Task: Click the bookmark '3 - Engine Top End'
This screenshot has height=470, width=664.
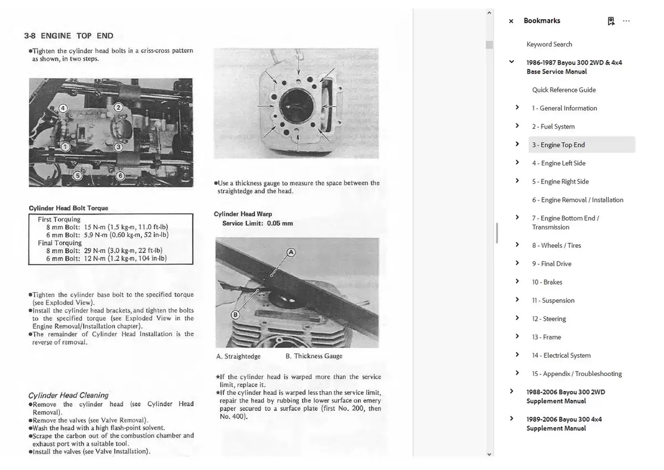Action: [x=558, y=145]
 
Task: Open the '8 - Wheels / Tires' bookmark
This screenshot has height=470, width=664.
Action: [x=557, y=246]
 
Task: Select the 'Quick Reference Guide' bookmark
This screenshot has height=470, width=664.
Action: [x=564, y=90]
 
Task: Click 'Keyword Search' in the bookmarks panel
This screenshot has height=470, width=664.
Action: [x=549, y=44]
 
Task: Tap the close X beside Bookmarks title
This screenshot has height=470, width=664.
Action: [x=511, y=21]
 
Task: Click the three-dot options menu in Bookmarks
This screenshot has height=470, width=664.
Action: [x=626, y=21]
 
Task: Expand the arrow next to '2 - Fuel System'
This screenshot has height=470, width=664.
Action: [x=517, y=126]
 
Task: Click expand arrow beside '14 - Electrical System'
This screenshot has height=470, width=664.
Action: [x=517, y=355]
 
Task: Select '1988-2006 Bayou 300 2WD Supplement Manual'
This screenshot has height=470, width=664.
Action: [x=566, y=396]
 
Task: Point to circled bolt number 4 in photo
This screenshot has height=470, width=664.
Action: [x=63, y=108]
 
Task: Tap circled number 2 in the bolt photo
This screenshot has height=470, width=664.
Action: [x=118, y=107]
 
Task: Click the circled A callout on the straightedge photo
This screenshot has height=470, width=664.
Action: [x=291, y=253]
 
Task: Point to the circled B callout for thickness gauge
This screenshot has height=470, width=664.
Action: [x=235, y=315]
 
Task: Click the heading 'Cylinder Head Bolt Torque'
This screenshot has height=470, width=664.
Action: [x=69, y=208]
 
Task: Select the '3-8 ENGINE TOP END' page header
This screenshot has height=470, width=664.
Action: [x=69, y=36]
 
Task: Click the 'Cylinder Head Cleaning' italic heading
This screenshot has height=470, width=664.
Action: [x=69, y=395]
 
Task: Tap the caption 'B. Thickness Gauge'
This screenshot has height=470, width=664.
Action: [x=314, y=356]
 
